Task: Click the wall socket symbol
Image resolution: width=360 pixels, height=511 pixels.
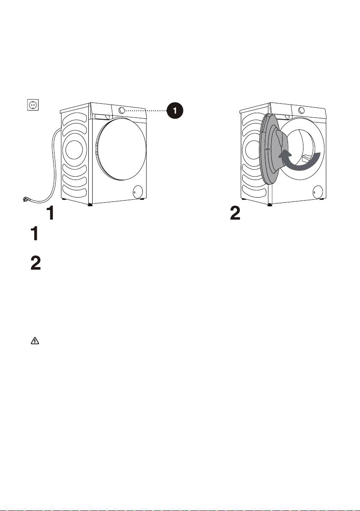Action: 33,105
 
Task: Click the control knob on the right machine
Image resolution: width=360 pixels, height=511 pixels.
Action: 301,110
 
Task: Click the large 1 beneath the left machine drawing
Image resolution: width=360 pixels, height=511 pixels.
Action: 50,213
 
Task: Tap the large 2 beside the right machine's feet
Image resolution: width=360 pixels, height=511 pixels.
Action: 235,213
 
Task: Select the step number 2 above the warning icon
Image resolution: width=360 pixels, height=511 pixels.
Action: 36,263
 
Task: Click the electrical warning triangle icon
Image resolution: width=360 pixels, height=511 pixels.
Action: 35,341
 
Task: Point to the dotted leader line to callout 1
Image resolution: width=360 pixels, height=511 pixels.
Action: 147,111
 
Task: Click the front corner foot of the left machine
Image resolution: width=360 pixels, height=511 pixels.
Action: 90,205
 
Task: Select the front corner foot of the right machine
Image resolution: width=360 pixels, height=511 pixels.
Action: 270,205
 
